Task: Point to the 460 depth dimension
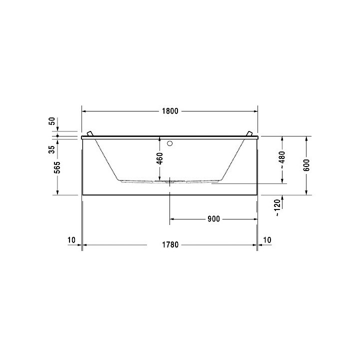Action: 159,159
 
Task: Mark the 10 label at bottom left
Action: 71,240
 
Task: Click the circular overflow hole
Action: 170,143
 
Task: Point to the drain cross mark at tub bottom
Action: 170,181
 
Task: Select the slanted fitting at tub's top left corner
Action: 90,133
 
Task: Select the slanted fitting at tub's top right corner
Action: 248,133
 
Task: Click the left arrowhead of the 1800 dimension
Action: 84,111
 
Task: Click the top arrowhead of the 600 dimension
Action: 306,138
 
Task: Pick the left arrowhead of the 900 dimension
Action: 173,218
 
